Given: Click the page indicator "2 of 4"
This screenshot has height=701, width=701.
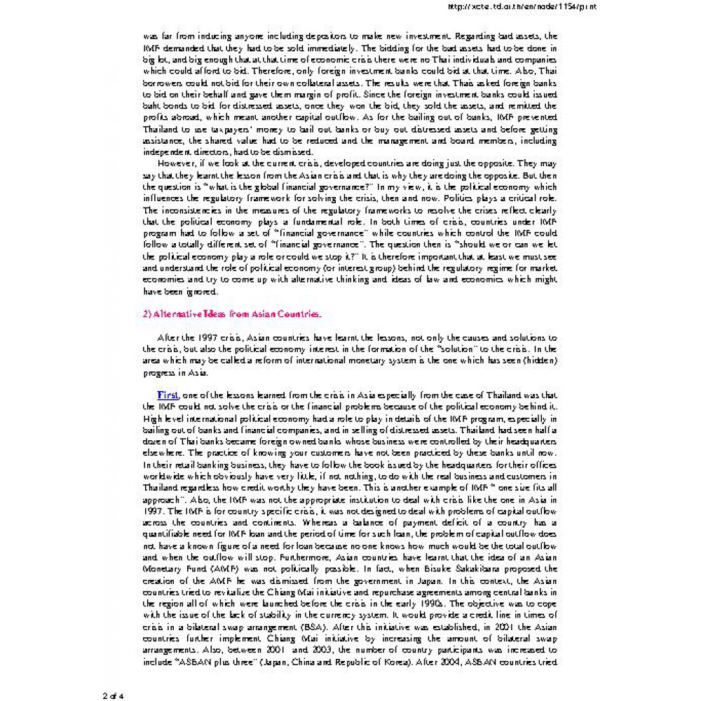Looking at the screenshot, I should pos(113,695).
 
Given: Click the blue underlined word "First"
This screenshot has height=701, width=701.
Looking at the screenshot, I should pos(168,395).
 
